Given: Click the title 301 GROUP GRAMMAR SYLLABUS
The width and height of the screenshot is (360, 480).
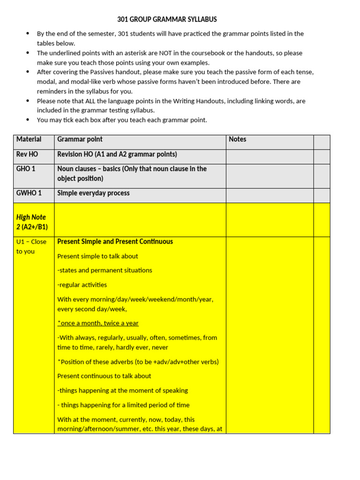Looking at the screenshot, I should [167, 20].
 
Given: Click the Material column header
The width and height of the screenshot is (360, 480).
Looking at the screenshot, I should [29, 139].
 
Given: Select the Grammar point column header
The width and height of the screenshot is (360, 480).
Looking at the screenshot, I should [80, 139].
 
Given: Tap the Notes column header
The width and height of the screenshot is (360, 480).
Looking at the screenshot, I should [237, 139].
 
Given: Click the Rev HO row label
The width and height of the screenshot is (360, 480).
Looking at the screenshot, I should [27, 154].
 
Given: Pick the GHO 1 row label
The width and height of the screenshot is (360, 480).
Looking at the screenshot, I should [26, 169].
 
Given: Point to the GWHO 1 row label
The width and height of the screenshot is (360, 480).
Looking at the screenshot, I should [29, 193].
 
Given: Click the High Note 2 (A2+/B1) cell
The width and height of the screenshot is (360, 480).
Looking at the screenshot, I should [32, 222].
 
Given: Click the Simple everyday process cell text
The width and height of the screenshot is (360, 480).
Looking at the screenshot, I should [93, 193].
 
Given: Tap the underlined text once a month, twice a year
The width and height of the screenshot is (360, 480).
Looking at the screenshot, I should [98, 323].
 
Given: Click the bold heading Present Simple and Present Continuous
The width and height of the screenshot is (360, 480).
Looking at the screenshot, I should [115, 241].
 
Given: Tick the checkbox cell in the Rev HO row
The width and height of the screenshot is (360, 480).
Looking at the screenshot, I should [322, 157].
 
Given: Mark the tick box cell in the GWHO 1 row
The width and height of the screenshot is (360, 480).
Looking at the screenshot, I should [322, 195].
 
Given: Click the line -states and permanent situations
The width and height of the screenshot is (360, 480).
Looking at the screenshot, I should [105, 270].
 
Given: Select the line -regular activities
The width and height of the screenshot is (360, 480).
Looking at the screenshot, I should [82, 285].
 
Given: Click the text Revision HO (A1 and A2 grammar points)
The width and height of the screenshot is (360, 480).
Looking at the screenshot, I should [117, 154].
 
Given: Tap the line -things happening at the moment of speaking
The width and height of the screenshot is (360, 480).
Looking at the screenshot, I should [122, 390].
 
